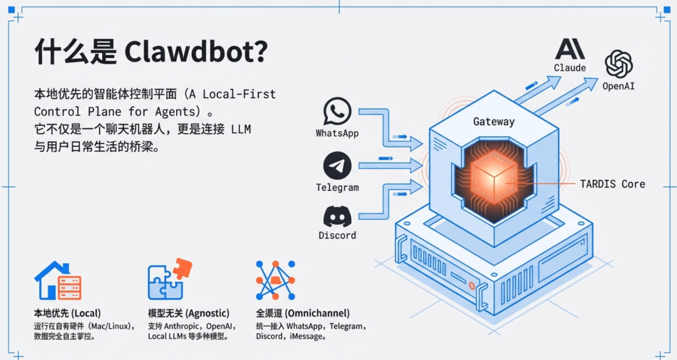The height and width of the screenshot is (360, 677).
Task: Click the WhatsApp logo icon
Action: coord(337,112)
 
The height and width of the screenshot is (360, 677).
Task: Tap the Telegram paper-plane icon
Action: coord(337,166)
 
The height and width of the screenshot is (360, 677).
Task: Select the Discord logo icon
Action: coord(337,216)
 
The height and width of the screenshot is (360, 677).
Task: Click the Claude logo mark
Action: coord(570,49)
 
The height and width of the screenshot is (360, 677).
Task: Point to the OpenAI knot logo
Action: coord(619,64)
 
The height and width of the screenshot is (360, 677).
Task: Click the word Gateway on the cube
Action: coord(494,122)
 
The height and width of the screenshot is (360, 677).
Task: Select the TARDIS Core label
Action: coord(612,184)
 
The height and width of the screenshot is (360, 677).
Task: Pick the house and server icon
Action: coord(58,280)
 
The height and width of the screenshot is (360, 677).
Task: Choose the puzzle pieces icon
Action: coord(169,279)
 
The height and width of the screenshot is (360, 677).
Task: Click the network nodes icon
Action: coord(275,280)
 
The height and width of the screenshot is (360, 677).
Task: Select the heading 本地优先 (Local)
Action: coord(67,313)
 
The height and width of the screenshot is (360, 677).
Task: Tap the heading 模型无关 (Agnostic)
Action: coord(189,313)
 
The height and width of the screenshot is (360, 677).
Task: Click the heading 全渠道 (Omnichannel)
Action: coord(303,313)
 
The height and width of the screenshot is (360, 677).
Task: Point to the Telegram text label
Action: coord(337,188)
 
